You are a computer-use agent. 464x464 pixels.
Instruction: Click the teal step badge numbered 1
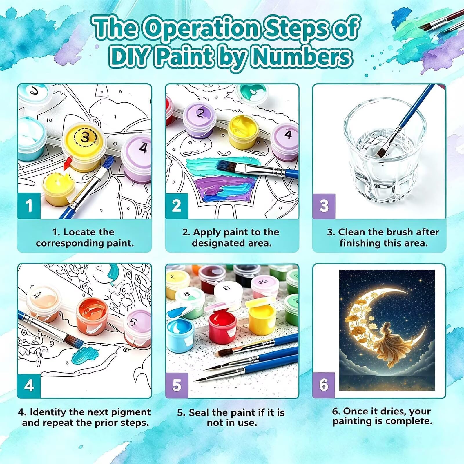(x=29, y=206)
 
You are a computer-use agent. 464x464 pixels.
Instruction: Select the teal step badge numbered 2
(x=177, y=206)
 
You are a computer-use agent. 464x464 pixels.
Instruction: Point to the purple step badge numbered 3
(x=324, y=206)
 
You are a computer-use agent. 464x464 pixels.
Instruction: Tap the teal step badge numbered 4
(x=29, y=385)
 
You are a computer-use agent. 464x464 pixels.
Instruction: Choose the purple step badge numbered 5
(x=177, y=385)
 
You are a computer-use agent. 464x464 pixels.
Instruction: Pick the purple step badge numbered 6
(x=324, y=385)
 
